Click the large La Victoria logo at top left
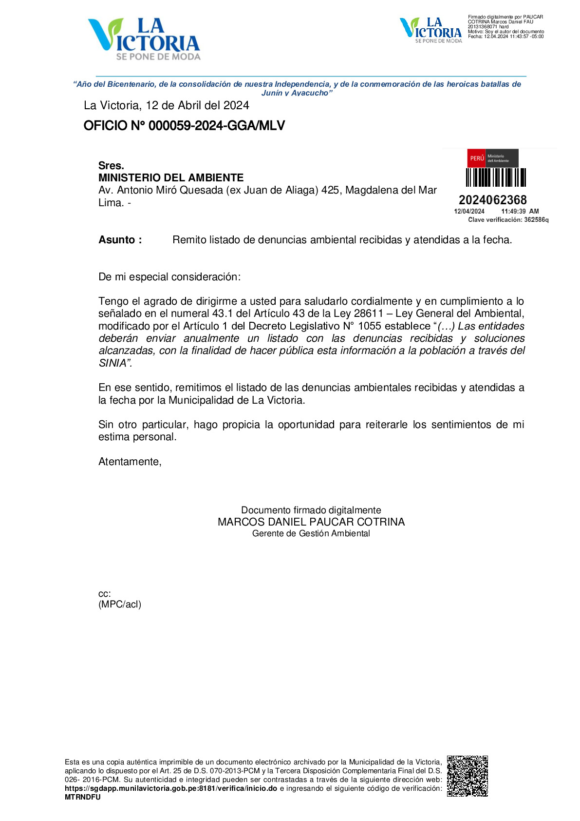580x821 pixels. [144, 39]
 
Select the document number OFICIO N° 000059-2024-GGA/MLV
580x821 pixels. [184, 126]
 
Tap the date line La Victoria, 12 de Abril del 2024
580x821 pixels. [166, 105]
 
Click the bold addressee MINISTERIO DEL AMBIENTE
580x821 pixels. [171, 177]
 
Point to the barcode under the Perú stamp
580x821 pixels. [496, 177]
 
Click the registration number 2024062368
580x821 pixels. [492, 200]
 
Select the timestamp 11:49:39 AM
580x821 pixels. [520, 212]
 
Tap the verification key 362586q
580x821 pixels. [536, 220]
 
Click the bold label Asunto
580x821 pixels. [120, 240]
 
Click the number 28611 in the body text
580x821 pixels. [368, 313]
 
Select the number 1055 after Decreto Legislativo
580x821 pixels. [369, 326]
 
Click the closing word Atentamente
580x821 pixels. [130, 462]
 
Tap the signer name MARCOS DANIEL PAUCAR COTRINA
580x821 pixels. [311, 522]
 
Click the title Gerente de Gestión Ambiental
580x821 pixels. [311, 534]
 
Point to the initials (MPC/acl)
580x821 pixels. [120, 605]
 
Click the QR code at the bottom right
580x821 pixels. [468, 776]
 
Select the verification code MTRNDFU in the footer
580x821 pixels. [83, 798]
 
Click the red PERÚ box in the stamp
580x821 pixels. [477, 158]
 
